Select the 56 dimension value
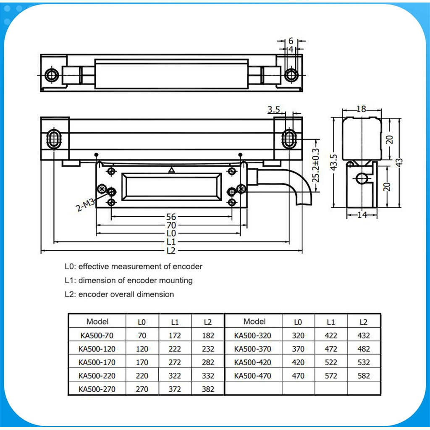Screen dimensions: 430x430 [171, 217]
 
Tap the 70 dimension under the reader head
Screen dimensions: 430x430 [171, 225]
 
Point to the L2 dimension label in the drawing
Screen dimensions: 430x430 [171, 250]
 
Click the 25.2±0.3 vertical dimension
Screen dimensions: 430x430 [316, 165]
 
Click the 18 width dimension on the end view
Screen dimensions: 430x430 [361, 109]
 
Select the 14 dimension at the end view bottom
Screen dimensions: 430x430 [361, 215]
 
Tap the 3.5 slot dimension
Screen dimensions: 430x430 [273, 110]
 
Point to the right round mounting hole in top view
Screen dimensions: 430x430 [291, 75]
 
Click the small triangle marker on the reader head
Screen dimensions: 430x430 [171, 170]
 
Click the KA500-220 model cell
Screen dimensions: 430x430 [97, 376]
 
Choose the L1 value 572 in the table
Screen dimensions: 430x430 [331, 376]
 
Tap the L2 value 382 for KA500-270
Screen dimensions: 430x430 [208, 389]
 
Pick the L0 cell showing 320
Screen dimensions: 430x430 [298, 336]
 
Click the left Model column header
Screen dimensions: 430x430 [97, 322]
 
